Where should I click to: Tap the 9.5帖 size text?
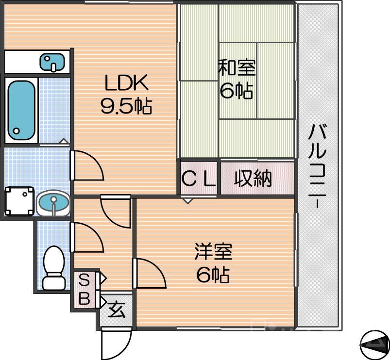[x=126, y=106]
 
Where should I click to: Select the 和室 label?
[x=237, y=68]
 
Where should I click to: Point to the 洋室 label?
[x=213, y=252]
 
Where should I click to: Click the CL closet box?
[x=199, y=179]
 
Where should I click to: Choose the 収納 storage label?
[x=253, y=179]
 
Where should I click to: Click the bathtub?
[x=21, y=110]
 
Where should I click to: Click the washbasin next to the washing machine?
[x=53, y=203]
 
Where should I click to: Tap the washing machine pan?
[x=19, y=201]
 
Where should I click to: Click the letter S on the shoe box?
[x=84, y=280]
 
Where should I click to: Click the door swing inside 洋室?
[x=151, y=274]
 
